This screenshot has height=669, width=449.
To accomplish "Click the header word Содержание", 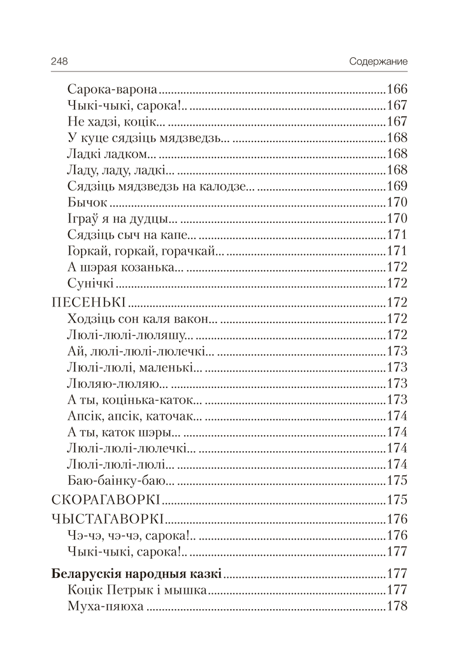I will pyautogui.click(x=378, y=62).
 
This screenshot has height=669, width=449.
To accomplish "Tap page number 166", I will pyautogui.click(x=396, y=90).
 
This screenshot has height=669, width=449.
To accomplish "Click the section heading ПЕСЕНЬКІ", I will pyautogui.click(x=86, y=301).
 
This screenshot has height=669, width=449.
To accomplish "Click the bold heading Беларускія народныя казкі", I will pyautogui.click(x=136, y=574).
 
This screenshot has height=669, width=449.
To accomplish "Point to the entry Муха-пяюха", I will pyautogui.click(x=105, y=606).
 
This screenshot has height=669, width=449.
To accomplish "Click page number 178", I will pyautogui.click(x=396, y=606).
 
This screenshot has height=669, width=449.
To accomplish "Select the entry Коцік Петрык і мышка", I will pyautogui.click(x=136, y=590).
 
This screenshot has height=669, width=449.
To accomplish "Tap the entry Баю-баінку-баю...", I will pyautogui.click(x=120, y=480).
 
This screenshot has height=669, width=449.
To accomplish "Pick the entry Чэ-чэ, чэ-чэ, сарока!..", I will pyautogui.click(x=127, y=535).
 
